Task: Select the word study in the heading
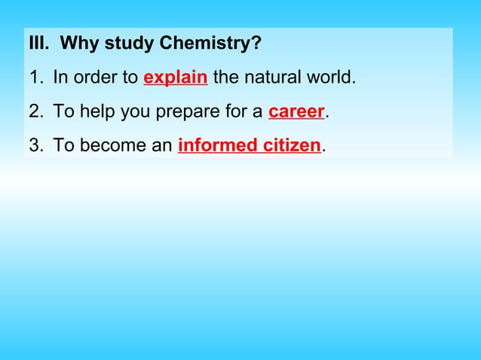click(x=129, y=44)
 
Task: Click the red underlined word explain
click(x=175, y=78)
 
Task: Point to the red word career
click(x=296, y=111)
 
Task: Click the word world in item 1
click(x=330, y=78)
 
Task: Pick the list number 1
click(x=35, y=78)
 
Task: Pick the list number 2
click(x=35, y=111)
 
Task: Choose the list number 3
click(x=35, y=145)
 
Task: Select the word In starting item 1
click(x=60, y=78)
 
